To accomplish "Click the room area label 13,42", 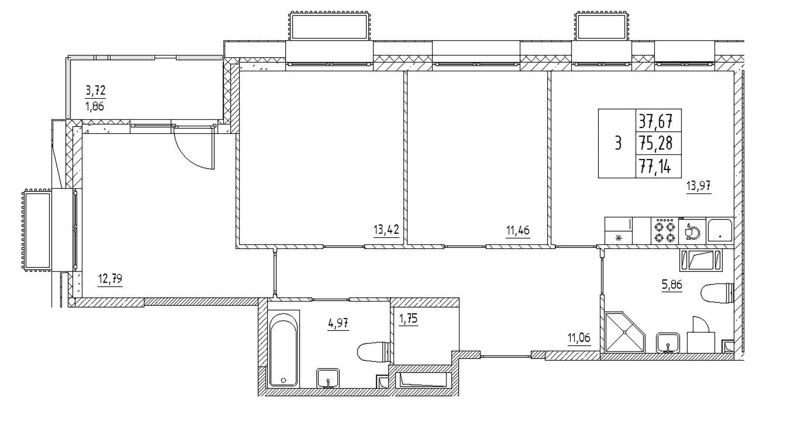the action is [x=386, y=230].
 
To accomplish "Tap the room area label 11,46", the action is [x=518, y=230].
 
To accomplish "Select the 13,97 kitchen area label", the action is [x=698, y=186].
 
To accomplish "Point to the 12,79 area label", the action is [x=110, y=279].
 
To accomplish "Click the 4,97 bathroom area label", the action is [x=338, y=324].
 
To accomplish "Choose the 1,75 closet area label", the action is [x=408, y=319].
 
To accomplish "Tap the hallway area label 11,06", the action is [x=579, y=338].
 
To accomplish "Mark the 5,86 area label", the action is [x=672, y=285].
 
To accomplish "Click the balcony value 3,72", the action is [x=95, y=91].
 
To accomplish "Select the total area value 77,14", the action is [x=655, y=166].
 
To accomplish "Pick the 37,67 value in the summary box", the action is [x=656, y=121].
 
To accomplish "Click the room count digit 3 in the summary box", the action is [x=618, y=144].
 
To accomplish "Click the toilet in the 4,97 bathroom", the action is [x=373, y=352].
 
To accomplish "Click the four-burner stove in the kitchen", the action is [x=665, y=231].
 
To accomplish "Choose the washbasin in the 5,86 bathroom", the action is [x=668, y=343].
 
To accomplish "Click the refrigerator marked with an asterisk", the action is [x=619, y=231].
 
